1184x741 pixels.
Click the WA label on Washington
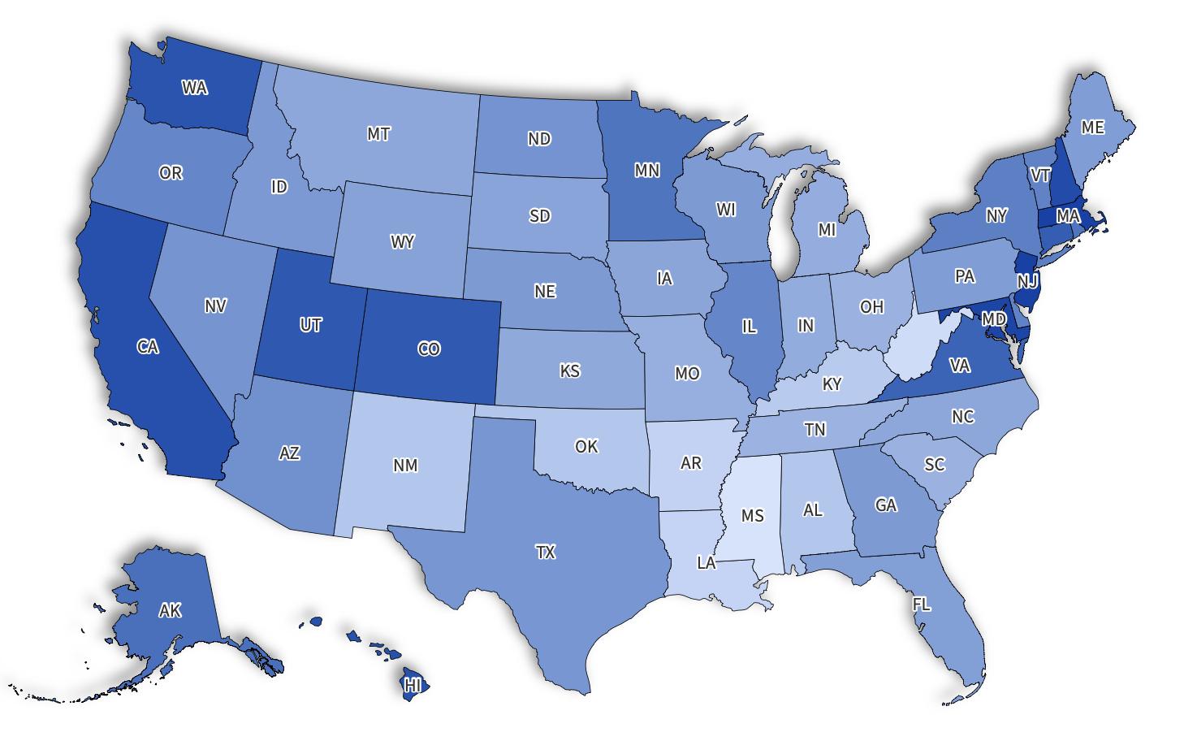[194, 87]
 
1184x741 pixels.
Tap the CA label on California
[147, 347]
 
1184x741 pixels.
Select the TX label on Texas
[545, 552]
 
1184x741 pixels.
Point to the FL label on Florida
[921, 604]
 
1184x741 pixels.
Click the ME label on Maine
[1093, 128]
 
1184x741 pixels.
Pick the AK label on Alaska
[170, 610]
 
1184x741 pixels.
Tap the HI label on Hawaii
[413, 684]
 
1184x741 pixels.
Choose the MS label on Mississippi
[753, 515]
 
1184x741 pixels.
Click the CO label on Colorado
[429, 349]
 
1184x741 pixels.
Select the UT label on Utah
[310, 325]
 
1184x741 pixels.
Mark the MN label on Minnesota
[646, 170]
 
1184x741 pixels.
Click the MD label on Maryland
[993, 319]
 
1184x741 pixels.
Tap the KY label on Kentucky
[832, 383]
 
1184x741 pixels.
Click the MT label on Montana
[378, 134]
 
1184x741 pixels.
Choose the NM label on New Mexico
[405, 465]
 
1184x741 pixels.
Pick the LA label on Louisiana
[707, 562]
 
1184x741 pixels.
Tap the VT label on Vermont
[1040, 175]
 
